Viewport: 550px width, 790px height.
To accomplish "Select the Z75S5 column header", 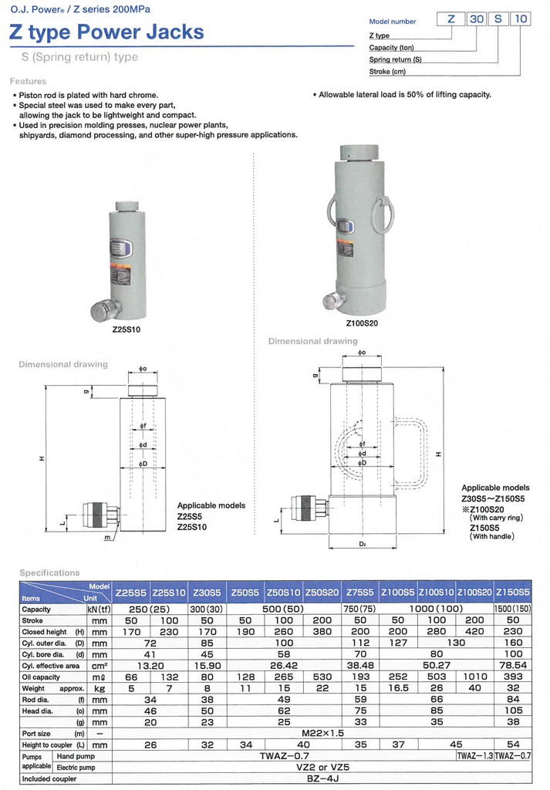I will (360, 592).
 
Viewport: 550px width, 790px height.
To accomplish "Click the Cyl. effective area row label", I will (51, 665).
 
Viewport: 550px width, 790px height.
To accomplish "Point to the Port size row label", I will (36, 733).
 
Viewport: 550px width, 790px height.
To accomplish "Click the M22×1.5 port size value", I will (322, 733).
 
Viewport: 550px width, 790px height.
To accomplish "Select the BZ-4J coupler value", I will (322, 778).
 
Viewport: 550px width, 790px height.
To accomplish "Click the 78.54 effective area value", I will (512, 665).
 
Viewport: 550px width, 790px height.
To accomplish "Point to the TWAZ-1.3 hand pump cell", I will (474, 756).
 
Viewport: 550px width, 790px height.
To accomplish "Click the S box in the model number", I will (499, 21).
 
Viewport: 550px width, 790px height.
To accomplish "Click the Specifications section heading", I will (49, 572).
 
